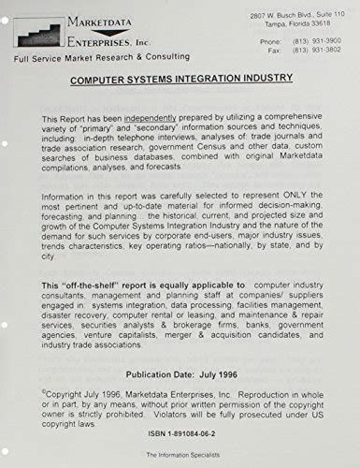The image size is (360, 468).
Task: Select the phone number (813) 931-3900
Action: (316, 41)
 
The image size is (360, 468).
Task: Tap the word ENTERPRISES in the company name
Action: (100, 41)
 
